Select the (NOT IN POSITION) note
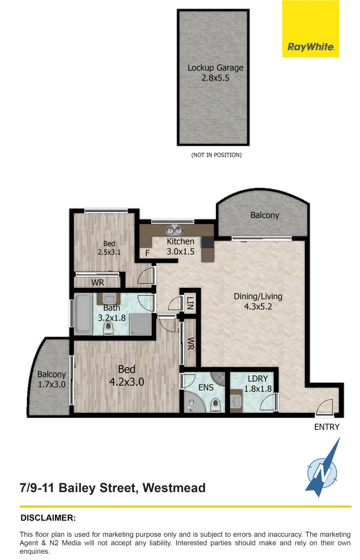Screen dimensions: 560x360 pos(216,155)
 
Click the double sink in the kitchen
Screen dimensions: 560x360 pos(173,231)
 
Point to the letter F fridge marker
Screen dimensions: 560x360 pos(148,254)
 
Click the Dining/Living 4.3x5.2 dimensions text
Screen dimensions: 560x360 pos(258,306)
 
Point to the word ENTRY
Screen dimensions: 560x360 pos(327,427)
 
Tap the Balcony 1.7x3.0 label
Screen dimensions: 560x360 pos(52,380)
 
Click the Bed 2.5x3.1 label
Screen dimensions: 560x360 pos(109,248)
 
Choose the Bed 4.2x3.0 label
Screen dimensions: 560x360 pos(127,375)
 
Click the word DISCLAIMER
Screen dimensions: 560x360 pos(48,518)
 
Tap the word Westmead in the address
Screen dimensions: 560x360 pos(174,488)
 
